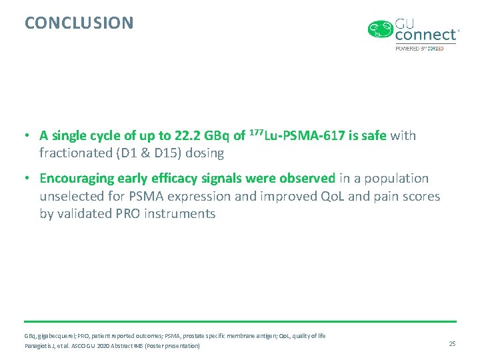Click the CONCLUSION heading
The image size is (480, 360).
[79, 23]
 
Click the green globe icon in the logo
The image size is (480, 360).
[381, 29]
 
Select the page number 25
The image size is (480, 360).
[452, 343]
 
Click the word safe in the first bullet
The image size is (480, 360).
[372, 136]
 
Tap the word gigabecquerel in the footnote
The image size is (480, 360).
[55, 336]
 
